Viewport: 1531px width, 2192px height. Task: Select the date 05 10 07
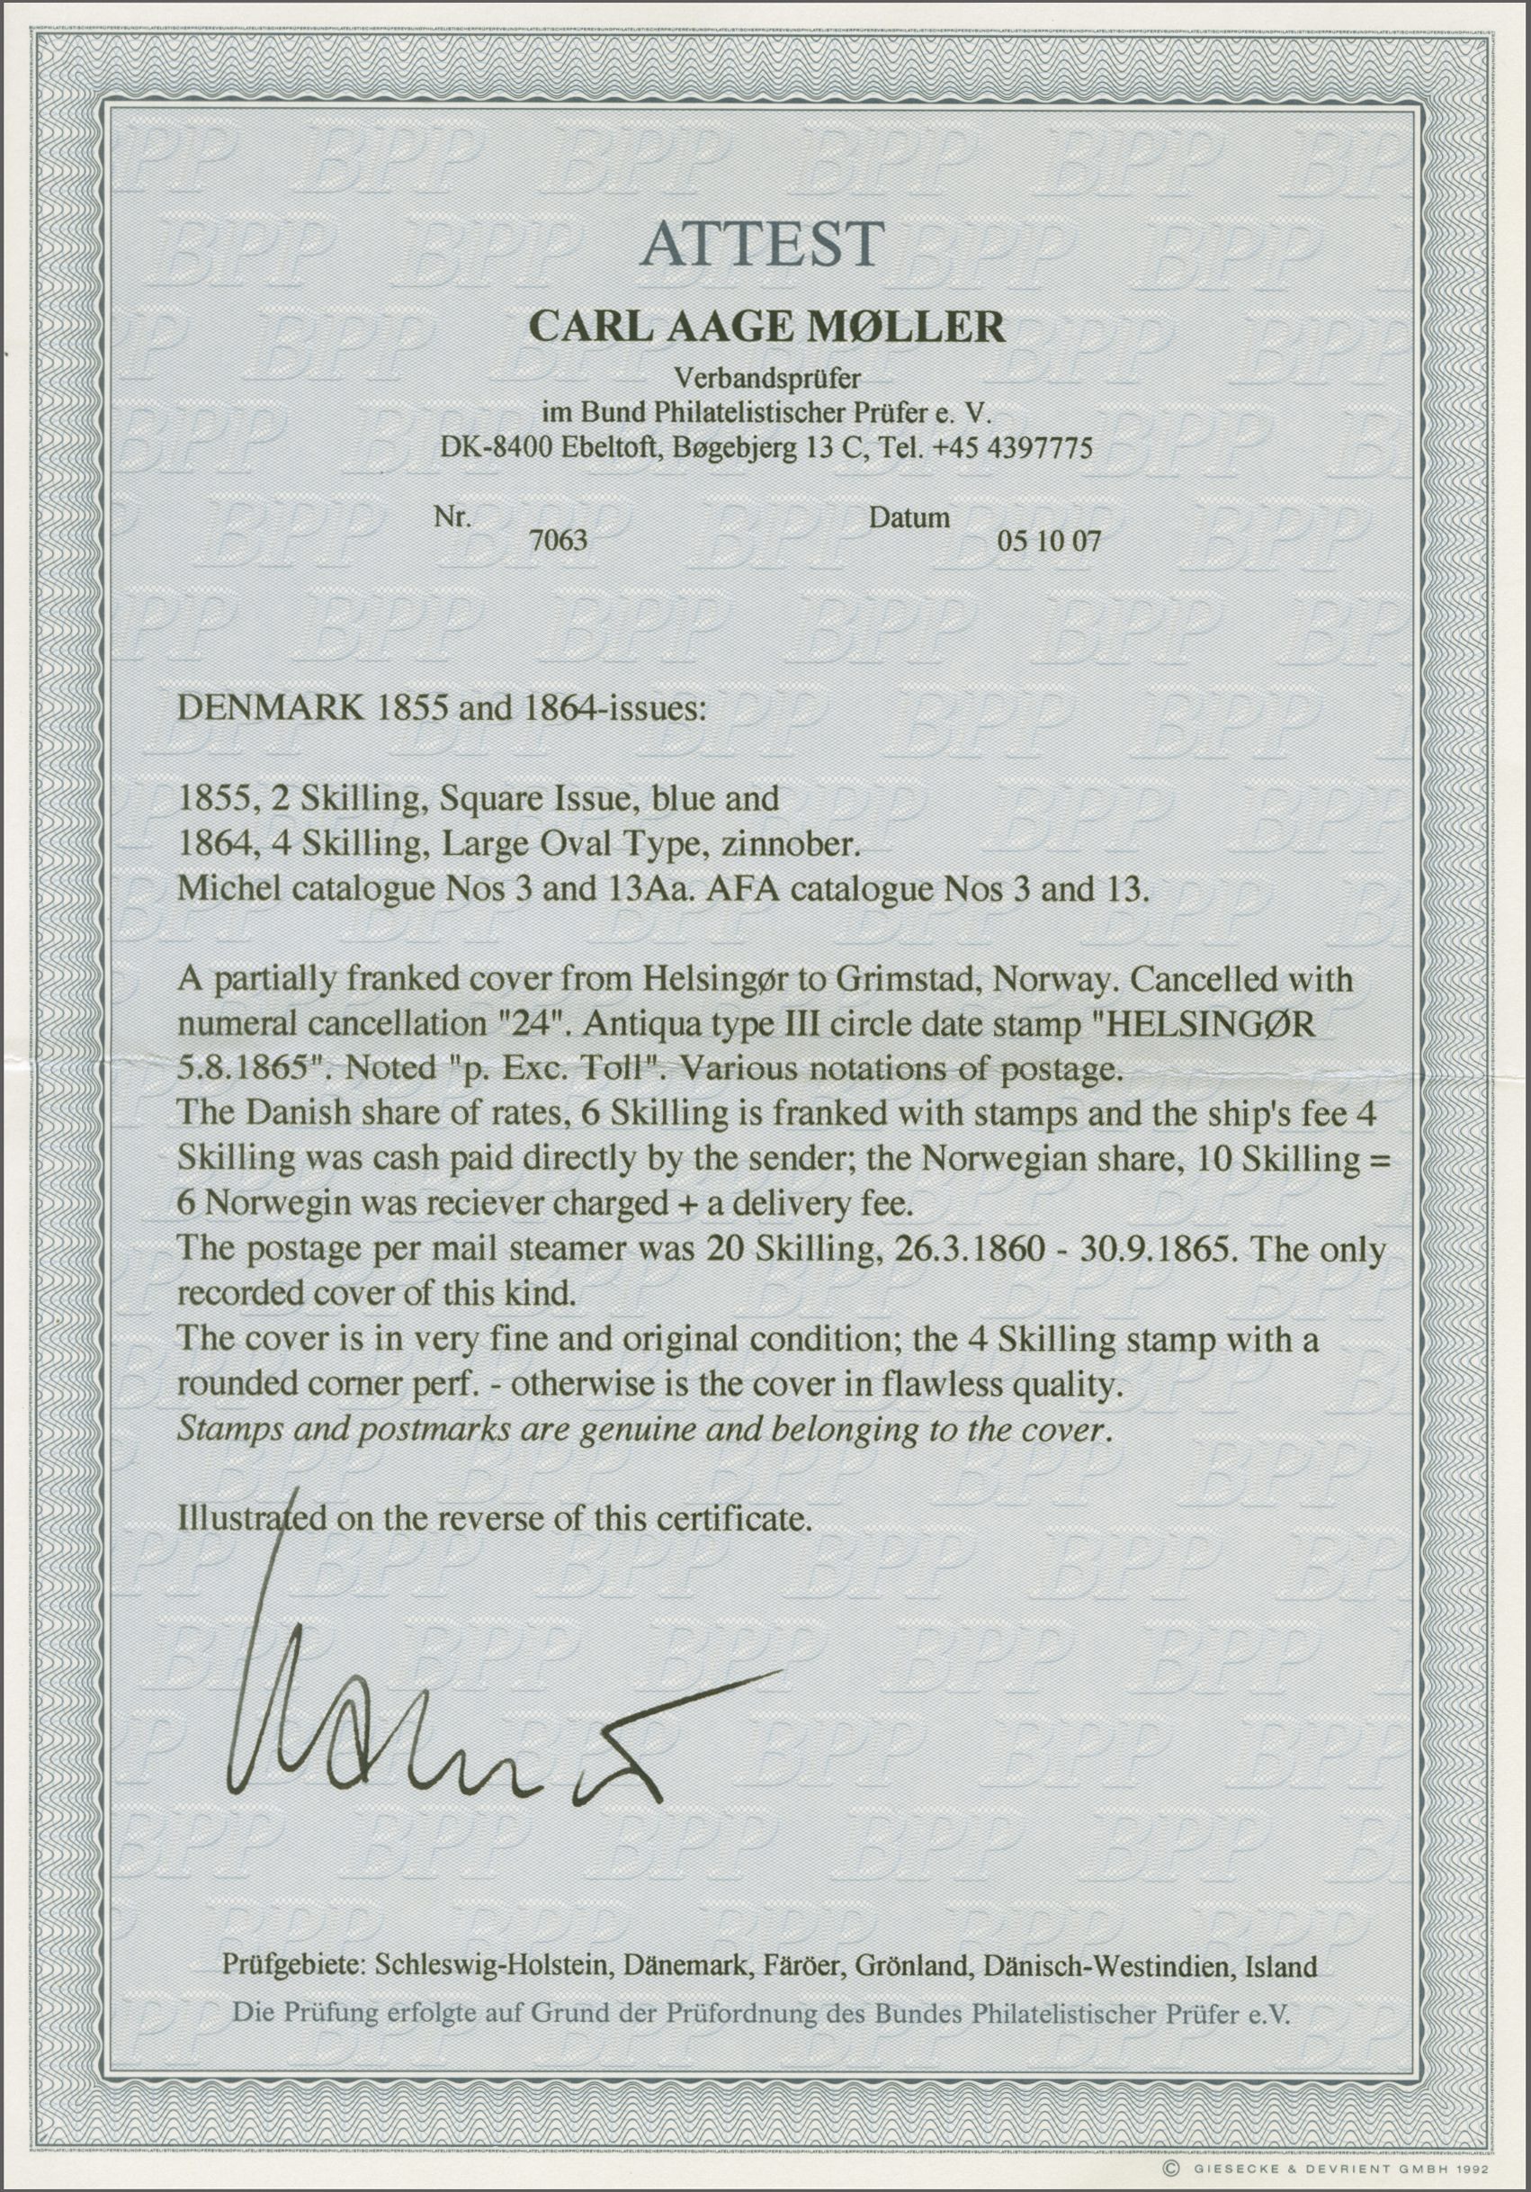pyautogui.click(x=1048, y=543)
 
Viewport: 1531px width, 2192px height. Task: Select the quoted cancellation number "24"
pyautogui.click(x=527, y=1024)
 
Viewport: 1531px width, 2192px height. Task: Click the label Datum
pyautogui.click(x=909, y=517)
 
